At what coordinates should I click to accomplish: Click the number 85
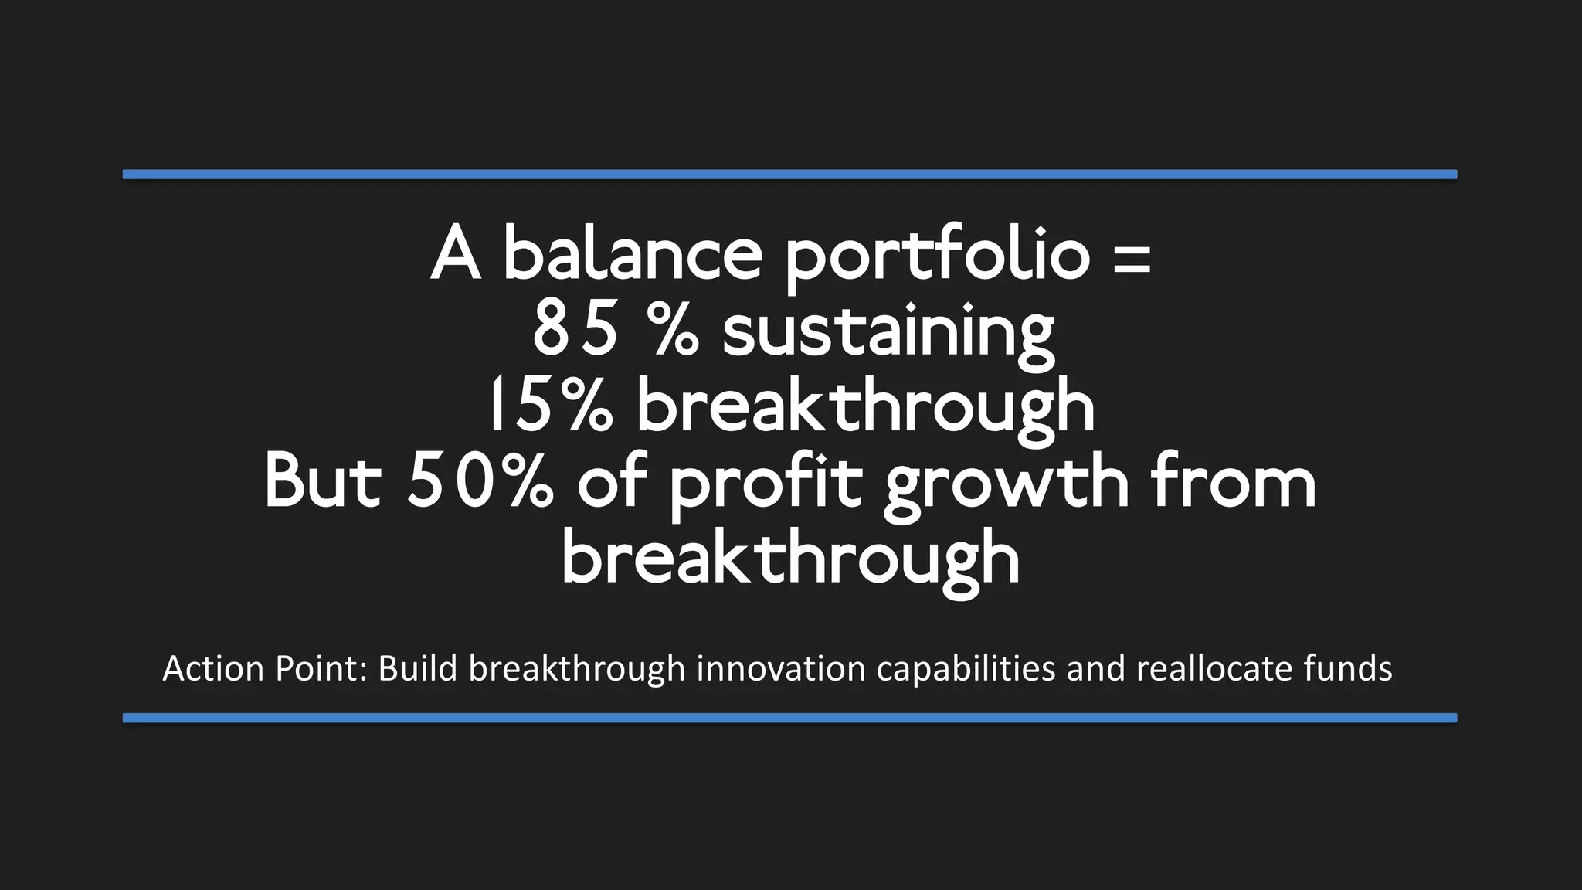click(575, 329)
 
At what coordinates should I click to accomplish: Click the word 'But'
click(323, 482)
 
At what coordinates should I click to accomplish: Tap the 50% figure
click(480, 482)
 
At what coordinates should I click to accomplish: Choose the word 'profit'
click(765, 484)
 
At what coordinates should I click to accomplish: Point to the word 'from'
click(1234, 482)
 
